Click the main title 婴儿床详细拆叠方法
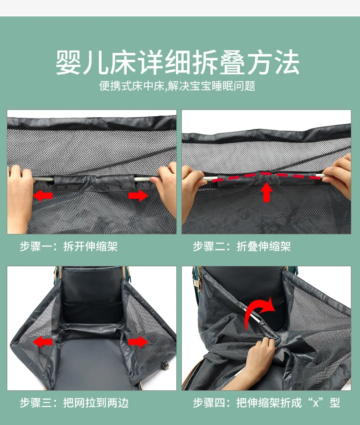pos(177,62)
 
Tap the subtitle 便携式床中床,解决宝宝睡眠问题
pos(177,86)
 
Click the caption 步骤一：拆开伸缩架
pos(68,246)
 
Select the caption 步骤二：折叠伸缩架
pos(242,246)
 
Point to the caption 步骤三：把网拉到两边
pos(74,403)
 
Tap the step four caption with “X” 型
pos(266,403)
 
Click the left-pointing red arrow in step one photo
pos(42,195)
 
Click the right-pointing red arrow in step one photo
pos(138,195)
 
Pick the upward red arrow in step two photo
pos(267,192)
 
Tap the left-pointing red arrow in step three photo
pos(42,342)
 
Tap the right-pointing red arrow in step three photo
pos(138,342)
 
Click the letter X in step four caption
pos(316,404)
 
